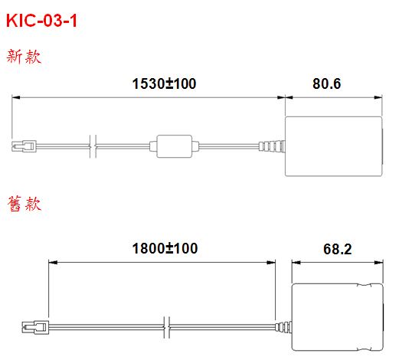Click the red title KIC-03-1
pos(41,21)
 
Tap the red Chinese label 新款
pos(24,57)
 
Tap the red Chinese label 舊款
pos(24,204)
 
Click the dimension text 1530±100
pos(164,83)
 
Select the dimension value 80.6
pos(326,83)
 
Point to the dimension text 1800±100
pos(165,248)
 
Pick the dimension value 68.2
pos(337,249)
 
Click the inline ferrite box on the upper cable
pos(174,146)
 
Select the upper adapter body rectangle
pos(334,146)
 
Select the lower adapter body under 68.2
pos(338,317)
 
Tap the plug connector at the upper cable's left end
pos(24,146)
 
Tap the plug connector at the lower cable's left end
pos(35,328)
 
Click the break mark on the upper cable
pos(93,146)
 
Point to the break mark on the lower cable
pos(167,327)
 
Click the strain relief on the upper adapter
pos(272,146)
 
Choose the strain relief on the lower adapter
pos(283,327)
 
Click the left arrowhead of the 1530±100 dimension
pos(16,97)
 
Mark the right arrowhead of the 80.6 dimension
pos(378,97)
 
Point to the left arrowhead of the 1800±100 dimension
pos(53,263)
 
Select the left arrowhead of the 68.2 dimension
pos(296,263)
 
